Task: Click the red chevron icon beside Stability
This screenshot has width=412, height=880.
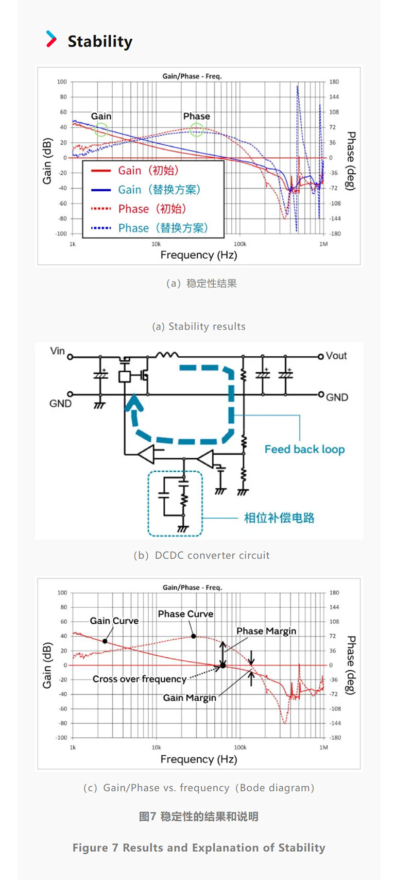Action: click(51, 39)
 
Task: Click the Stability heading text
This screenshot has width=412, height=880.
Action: click(100, 41)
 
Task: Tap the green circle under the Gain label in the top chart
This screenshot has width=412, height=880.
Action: click(101, 129)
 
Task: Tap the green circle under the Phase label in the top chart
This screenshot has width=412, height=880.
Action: click(197, 129)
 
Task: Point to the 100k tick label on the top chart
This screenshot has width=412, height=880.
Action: click(240, 244)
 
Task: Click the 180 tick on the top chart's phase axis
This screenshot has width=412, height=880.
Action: click(334, 82)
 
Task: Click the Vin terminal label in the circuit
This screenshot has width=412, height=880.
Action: click(57, 351)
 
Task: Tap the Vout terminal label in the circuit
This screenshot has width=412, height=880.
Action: click(336, 356)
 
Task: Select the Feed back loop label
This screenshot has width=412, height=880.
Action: click(304, 449)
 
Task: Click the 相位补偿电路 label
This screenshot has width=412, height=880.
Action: click(279, 518)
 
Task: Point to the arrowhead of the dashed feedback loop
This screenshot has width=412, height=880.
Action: click(134, 402)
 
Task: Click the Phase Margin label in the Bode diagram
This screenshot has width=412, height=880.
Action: click(266, 631)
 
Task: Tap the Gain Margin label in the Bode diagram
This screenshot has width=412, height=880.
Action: click(190, 698)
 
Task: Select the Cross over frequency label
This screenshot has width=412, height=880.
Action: click(139, 679)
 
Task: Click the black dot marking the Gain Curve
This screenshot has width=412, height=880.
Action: click(105, 641)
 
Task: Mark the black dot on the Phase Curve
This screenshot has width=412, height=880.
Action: click(194, 636)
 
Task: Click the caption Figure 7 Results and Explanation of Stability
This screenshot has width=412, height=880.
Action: click(199, 848)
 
